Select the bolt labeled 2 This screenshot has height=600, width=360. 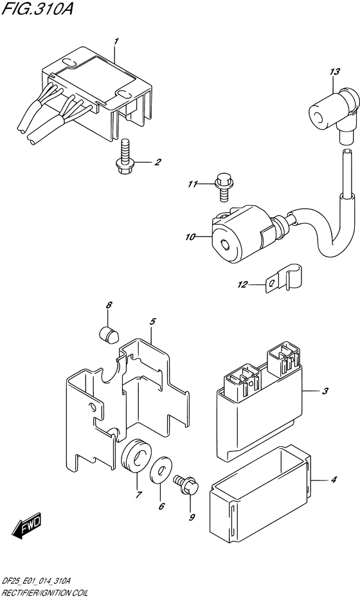pyautogui.click(x=125, y=158)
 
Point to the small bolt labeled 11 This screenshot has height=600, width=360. pyautogui.click(x=222, y=187)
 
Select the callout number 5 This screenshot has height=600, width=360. pyautogui.click(x=152, y=322)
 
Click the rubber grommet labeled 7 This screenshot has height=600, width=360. pyautogui.click(x=135, y=458)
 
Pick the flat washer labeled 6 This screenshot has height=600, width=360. pyautogui.click(x=161, y=468)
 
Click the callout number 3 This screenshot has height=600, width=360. pyautogui.click(x=325, y=391)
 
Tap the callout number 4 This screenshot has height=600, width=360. pyautogui.click(x=334, y=480)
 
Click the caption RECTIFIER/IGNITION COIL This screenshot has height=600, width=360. pyautogui.click(x=44, y=593)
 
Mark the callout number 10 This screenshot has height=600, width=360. pyautogui.click(x=190, y=237)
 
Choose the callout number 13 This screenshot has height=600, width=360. pyautogui.click(x=335, y=71)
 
